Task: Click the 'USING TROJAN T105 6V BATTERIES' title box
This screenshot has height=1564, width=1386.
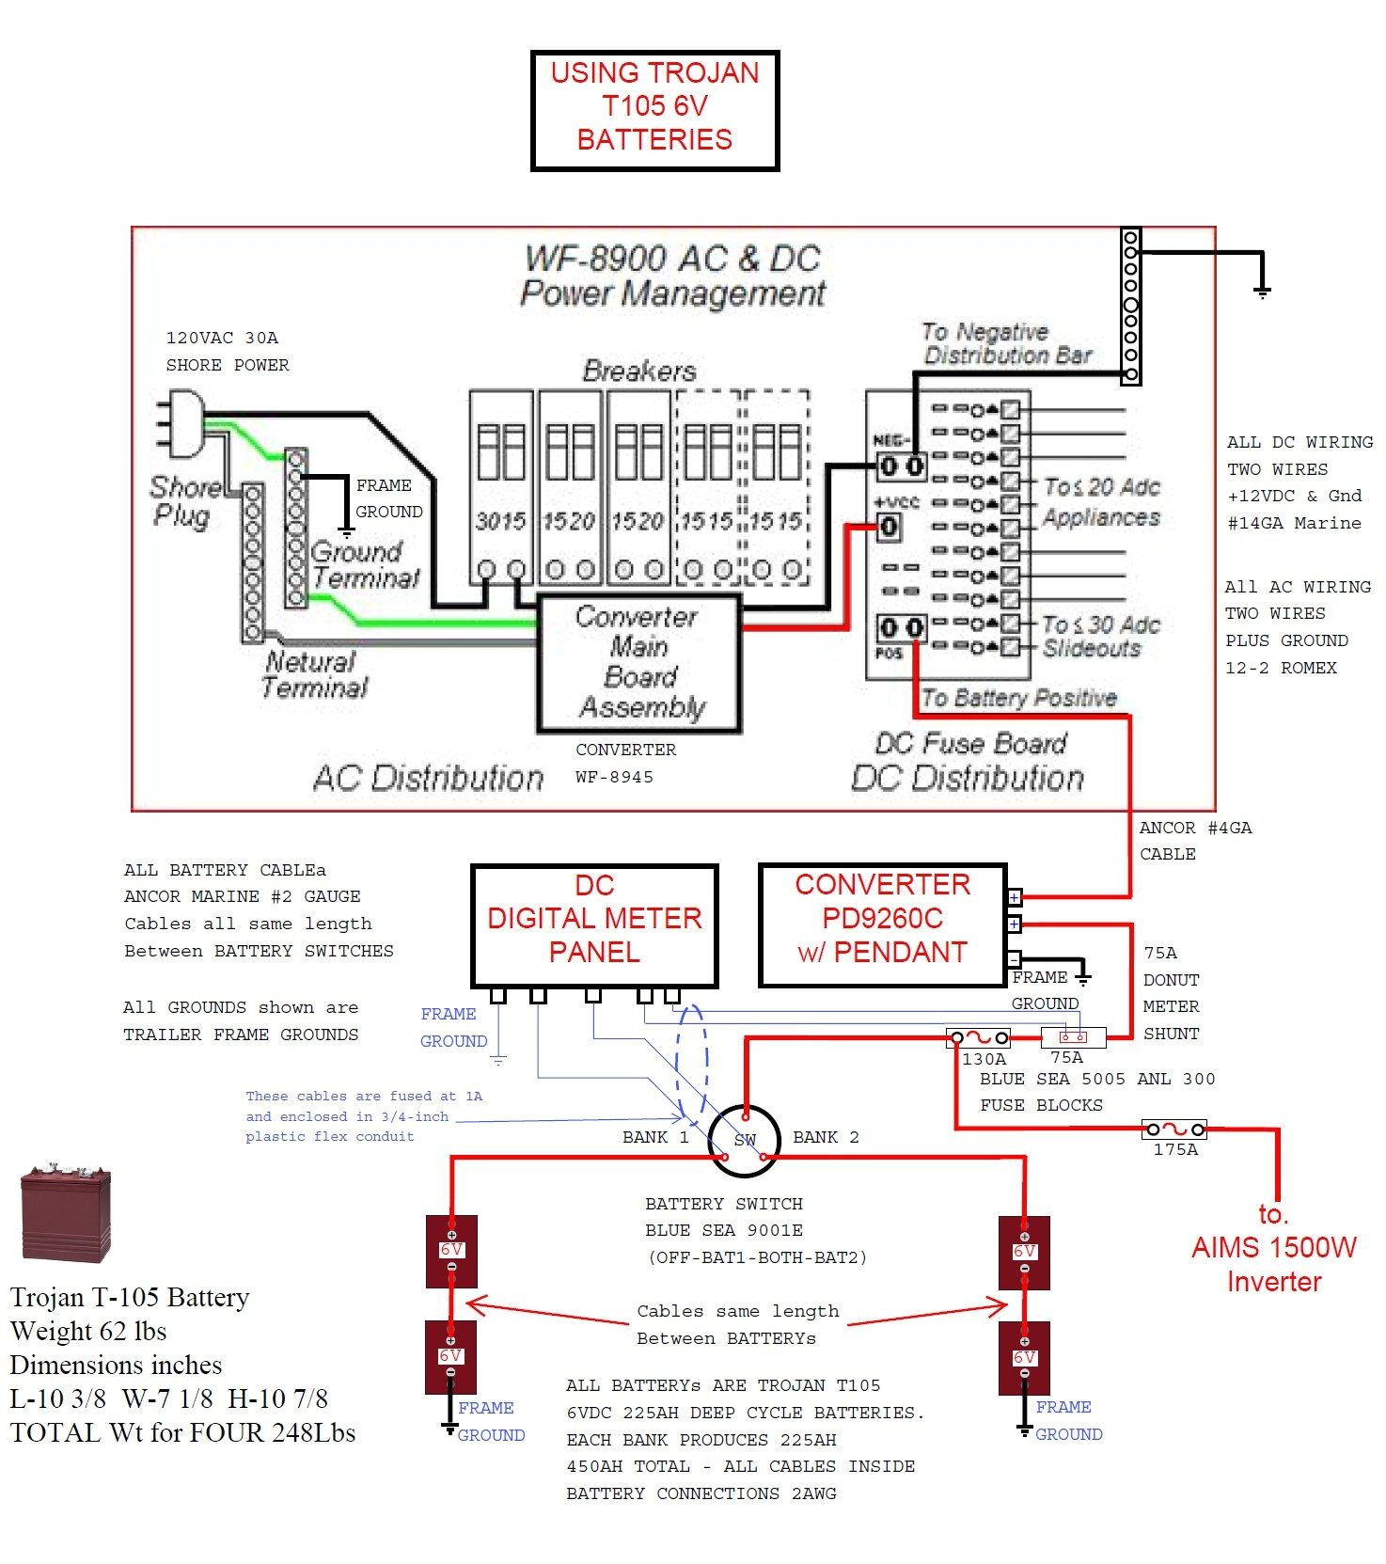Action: (654, 110)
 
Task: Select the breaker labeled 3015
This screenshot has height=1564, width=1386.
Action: (501, 489)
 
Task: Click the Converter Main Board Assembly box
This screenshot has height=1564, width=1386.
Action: (638, 663)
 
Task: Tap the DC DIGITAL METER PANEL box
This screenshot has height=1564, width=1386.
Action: (594, 924)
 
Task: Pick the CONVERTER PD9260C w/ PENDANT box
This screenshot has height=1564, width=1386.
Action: (882, 924)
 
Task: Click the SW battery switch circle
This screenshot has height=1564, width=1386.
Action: (744, 1140)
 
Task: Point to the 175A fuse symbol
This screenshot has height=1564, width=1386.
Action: (1174, 1130)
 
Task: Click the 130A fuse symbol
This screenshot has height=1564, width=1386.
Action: (979, 1038)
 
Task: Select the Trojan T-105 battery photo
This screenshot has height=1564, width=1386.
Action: (66, 1212)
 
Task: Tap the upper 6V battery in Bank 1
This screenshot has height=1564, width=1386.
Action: (451, 1251)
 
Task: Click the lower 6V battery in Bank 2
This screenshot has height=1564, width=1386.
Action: (1024, 1357)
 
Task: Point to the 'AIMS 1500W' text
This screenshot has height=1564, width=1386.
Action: (1273, 1247)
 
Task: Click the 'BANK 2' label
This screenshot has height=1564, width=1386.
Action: (826, 1137)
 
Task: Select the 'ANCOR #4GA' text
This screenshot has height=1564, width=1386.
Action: (1194, 828)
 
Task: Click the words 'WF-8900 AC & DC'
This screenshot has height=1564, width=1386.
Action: (672, 258)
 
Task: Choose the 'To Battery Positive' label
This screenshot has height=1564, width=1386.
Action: (1018, 698)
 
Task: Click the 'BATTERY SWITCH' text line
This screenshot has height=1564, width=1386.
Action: (723, 1204)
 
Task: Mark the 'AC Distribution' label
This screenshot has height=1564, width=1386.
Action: (428, 778)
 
